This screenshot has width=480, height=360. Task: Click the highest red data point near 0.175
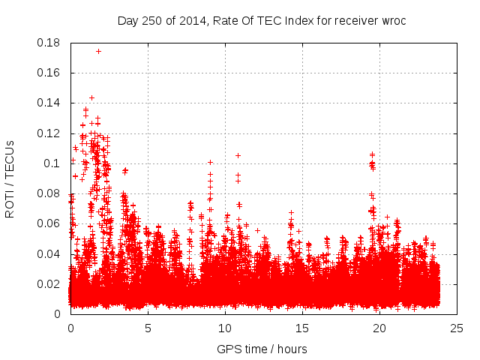click(99, 52)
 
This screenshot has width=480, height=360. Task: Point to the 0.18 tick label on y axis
click(50, 43)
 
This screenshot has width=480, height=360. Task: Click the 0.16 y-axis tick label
click(50, 73)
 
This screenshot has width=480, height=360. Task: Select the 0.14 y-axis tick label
click(50, 103)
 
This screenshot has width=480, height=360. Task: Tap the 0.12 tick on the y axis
click(50, 133)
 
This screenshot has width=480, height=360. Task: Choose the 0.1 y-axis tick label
click(55, 163)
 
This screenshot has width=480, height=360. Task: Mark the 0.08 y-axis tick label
click(50, 193)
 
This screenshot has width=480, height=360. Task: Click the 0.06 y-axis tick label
click(50, 223)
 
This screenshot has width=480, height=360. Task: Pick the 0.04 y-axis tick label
click(50, 253)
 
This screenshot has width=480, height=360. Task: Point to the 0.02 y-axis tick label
click(50, 283)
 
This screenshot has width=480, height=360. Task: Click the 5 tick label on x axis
click(148, 328)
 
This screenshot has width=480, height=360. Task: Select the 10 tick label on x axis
click(225, 328)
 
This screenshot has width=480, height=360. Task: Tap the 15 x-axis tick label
click(302, 328)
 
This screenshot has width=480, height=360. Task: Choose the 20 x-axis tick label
click(379, 328)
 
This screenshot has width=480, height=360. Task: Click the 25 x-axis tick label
click(457, 328)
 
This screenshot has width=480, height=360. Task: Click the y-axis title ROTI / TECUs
click(10, 178)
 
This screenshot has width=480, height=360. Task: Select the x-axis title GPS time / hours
click(262, 349)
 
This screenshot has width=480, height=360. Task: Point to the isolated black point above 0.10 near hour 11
click(238, 155)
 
